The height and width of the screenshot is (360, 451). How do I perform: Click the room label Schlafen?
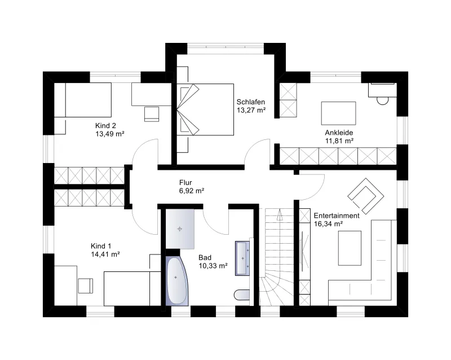click(250, 102)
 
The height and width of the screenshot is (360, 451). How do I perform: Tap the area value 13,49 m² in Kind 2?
click(110, 134)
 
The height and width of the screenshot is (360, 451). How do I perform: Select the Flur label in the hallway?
click(185, 183)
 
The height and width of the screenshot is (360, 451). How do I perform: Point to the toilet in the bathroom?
click(242, 295)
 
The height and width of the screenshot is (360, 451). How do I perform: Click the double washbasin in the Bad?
click(242, 258)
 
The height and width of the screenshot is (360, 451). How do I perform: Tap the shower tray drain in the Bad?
click(180, 229)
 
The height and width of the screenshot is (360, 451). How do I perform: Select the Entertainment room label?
click(337, 216)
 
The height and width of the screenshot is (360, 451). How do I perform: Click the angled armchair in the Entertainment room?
click(365, 196)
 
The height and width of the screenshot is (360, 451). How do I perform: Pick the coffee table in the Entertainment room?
click(350, 248)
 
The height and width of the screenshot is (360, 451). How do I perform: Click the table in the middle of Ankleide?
click(339, 113)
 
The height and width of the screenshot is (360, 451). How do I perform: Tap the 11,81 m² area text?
click(339, 141)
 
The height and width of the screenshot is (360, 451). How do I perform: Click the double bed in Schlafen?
click(205, 109)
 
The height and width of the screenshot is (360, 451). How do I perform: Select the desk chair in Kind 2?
click(151, 114)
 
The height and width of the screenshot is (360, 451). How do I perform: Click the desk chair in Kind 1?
click(86, 286)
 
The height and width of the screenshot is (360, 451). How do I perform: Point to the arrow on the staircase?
click(279, 215)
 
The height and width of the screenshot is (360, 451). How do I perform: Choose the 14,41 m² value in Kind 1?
click(105, 254)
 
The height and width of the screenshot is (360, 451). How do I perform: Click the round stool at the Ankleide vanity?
click(383, 101)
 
